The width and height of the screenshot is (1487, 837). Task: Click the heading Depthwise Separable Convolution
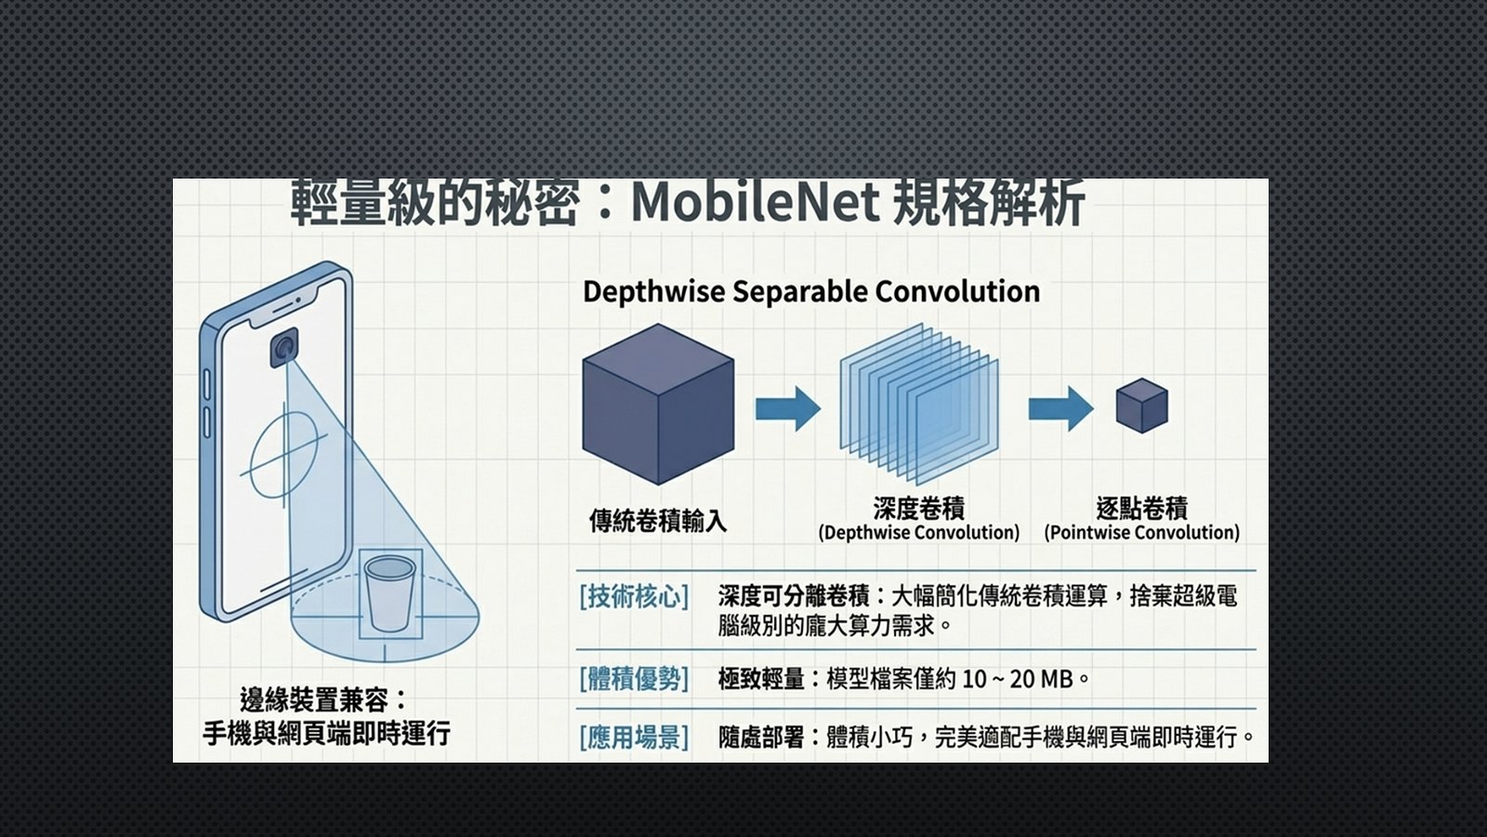pos(811,292)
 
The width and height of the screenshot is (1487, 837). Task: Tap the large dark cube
pos(658,404)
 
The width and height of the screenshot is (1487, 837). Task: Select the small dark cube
pos(1142,405)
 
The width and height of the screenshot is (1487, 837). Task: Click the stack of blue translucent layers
pos(919,404)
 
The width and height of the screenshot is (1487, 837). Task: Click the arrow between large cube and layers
pos(788,408)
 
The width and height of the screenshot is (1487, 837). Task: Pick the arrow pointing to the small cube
pos(1060,408)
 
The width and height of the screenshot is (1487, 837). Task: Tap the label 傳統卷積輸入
pos(658,521)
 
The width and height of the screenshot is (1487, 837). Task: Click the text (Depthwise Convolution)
pos(919,533)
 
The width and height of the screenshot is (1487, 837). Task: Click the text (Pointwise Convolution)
pos(1142,533)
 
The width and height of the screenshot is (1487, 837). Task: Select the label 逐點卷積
pos(1142,508)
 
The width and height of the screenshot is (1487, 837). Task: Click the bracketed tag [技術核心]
pos(634,596)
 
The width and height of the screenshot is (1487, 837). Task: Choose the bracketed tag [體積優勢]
pos(634,679)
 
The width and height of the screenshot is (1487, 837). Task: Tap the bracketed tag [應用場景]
pos(634,737)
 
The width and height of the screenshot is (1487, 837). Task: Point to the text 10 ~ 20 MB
pos(1018,679)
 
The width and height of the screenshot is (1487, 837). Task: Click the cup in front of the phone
pos(389,593)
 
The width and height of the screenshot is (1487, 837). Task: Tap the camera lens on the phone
pos(284,348)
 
